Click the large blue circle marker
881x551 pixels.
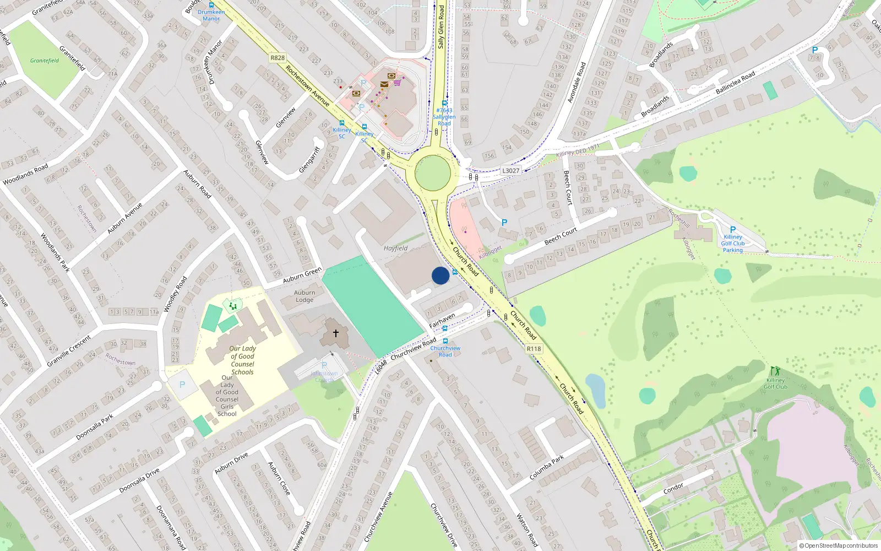pos(440,275)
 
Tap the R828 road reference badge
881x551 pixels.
pos(278,58)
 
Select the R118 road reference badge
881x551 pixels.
pos(534,349)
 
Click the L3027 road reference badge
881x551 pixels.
pos(510,171)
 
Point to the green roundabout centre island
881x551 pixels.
pos(433,172)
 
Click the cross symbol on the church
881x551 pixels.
pos(335,333)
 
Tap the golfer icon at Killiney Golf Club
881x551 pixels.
pos(775,371)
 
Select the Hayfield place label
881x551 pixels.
pos(395,249)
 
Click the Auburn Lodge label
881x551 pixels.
pos(304,296)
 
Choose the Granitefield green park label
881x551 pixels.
pos(45,61)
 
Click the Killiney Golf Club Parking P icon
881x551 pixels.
pos(732,230)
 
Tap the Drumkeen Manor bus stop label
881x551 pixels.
pos(211,15)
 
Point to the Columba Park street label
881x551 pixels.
pos(546,467)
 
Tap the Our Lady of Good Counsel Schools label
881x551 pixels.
pos(242,360)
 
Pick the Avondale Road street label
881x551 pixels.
pos(577,82)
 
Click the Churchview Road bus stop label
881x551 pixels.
pos(445,352)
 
